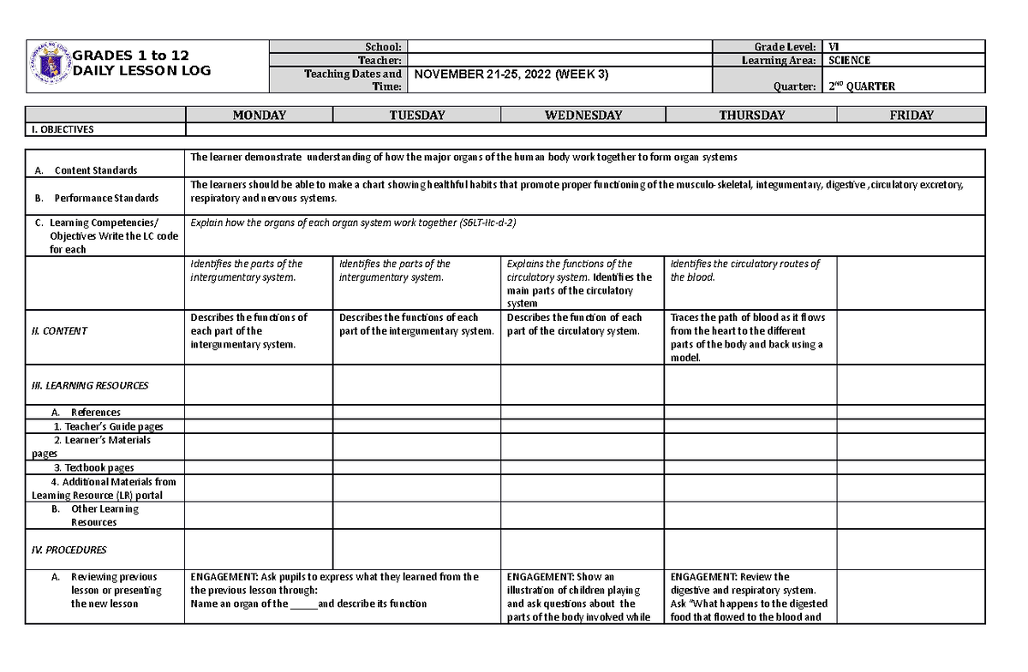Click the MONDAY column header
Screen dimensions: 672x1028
click(259, 115)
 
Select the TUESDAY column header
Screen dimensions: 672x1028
click(417, 115)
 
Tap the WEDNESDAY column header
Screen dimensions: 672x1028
click(583, 115)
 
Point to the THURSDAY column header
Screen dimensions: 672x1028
click(751, 115)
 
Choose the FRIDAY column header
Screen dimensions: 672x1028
click(911, 115)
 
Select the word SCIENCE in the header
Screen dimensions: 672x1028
click(848, 61)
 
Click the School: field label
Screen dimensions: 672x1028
click(385, 46)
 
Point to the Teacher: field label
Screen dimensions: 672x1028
click(381, 61)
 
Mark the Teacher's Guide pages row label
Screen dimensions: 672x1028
click(108, 426)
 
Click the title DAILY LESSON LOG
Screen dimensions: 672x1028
click(141, 71)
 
